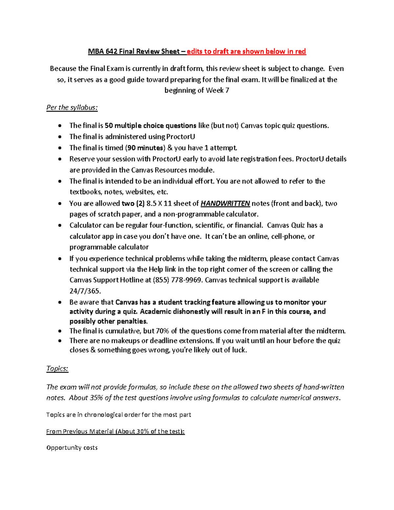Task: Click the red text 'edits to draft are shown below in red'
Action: tap(246, 52)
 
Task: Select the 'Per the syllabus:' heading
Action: tap(72, 107)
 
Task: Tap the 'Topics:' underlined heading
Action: tap(57, 368)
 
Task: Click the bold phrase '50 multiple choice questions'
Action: tap(150, 126)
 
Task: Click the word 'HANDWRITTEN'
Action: tap(225, 204)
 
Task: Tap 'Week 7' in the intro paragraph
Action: tap(217, 90)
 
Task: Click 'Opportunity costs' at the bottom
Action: tap(72, 448)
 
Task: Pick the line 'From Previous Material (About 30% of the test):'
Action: tap(116, 431)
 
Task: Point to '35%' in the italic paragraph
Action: tap(96, 398)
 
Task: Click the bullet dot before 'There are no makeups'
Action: tap(59, 341)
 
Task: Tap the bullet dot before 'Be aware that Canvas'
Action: tap(59, 302)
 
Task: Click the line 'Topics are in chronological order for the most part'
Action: tap(119, 415)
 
